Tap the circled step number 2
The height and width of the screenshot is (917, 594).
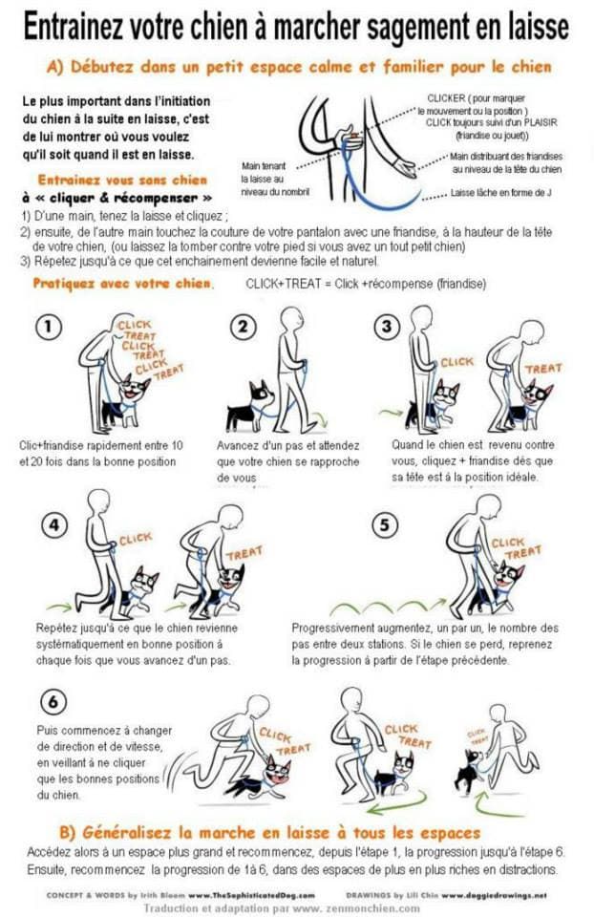click(x=246, y=327)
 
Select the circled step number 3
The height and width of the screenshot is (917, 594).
click(x=385, y=327)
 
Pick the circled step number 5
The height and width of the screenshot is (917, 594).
click(x=384, y=525)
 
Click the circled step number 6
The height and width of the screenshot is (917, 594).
click(x=53, y=702)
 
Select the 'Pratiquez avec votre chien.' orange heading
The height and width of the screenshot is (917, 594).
click(x=123, y=284)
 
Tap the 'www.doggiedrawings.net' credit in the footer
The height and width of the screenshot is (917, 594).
click(x=494, y=896)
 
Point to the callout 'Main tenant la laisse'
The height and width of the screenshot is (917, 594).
click(x=265, y=172)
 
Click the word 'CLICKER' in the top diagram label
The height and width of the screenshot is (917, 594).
click(x=448, y=97)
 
